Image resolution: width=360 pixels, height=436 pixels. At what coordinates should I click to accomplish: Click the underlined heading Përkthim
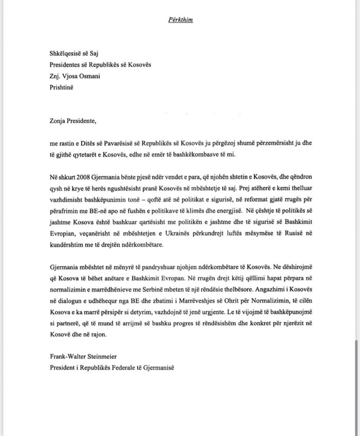pyautogui.click(x=180, y=20)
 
